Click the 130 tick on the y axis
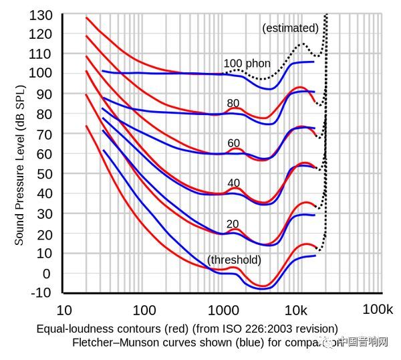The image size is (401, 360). pyautogui.click(x=41, y=14)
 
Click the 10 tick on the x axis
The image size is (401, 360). pyautogui.click(x=63, y=310)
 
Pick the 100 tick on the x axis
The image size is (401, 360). pyautogui.click(x=144, y=310)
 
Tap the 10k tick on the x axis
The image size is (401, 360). pyautogui.click(x=296, y=310)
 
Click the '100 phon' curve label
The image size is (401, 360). pyautogui.click(x=247, y=64)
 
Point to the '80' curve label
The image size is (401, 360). pyautogui.click(x=233, y=103)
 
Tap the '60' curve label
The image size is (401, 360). pyautogui.click(x=233, y=143)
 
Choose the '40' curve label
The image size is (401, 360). pyautogui.click(x=233, y=183)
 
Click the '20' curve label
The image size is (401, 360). pyautogui.click(x=233, y=223)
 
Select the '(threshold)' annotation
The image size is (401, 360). pyautogui.click(x=234, y=260)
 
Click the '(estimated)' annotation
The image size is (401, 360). pyautogui.click(x=290, y=28)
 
